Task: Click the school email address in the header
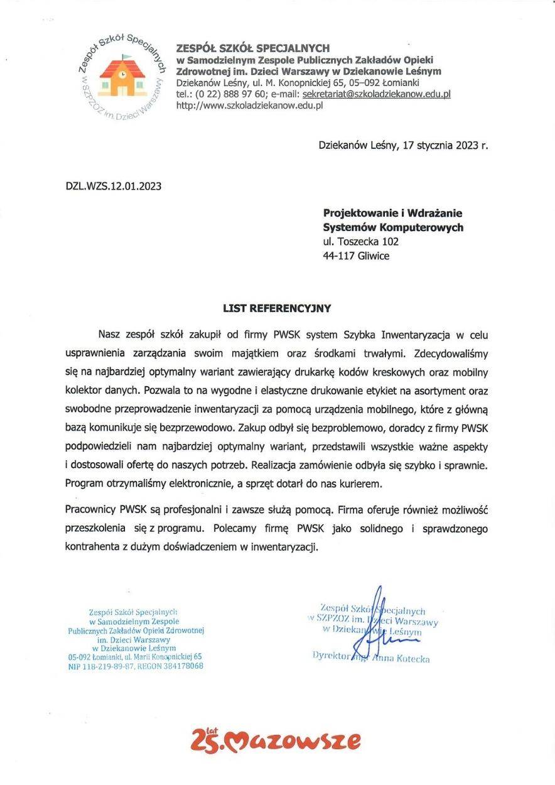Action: click(377, 94)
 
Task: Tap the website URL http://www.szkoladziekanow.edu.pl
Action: click(250, 106)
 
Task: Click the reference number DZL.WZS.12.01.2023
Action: click(114, 186)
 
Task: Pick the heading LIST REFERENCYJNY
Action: click(277, 308)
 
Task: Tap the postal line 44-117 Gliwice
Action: click(355, 256)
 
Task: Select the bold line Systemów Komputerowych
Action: click(393, 227)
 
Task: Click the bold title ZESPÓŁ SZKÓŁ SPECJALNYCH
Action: click(253, 48)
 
